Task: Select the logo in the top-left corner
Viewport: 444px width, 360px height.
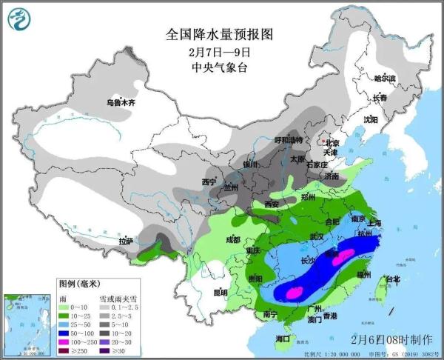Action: [x=18, y=19]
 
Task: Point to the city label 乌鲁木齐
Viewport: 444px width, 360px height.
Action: [x=121, y=103]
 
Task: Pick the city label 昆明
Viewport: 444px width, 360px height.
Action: [x=220, y=292]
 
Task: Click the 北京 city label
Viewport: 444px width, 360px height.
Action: [x=331, y=143]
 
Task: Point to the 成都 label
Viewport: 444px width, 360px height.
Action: [x=232, y=239]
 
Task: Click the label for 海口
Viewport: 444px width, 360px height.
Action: [x=283, y=339]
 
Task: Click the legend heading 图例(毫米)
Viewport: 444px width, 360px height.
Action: [x=84, y=284]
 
